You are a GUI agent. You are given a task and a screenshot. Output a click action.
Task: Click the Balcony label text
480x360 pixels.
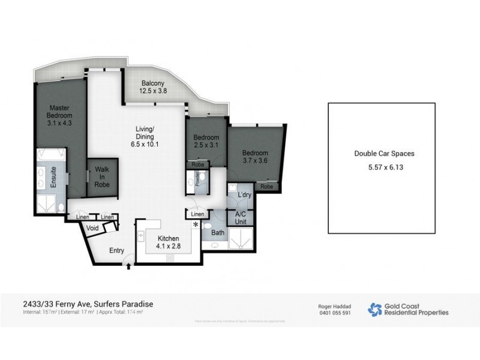154,83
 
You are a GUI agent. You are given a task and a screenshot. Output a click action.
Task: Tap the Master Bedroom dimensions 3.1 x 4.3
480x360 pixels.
61,122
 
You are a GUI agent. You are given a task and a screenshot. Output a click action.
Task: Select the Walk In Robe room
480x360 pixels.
102,178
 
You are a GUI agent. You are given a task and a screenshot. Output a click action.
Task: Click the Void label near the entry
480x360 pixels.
92,229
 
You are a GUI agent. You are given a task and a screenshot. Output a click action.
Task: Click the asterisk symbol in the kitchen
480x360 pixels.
196,224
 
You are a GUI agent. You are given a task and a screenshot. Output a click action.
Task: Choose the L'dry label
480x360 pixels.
244,196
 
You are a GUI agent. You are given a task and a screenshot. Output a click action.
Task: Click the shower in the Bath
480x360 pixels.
242,242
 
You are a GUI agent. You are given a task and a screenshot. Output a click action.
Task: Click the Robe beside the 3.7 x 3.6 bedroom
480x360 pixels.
267,187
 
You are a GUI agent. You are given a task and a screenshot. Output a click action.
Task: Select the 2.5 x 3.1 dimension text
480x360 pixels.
206,146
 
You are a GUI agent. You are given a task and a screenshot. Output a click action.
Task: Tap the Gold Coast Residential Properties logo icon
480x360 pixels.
374,309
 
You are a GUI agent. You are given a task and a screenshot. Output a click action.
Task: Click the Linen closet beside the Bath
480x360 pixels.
197,214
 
